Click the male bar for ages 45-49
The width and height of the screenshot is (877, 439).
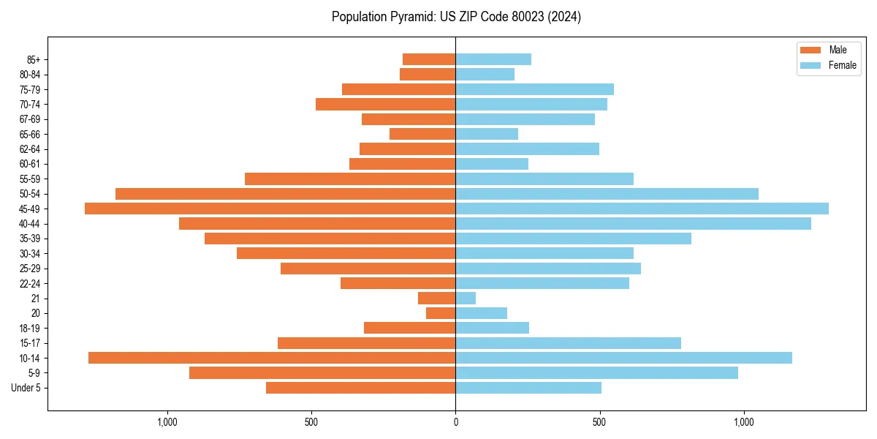click(x=270, y=209)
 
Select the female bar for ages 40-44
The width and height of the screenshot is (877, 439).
click(x=633, y=223)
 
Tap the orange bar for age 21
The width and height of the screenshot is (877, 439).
click(x=436, y=298)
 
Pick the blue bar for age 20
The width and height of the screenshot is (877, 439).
click(x=481, y=313)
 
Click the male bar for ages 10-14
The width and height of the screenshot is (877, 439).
click(x=272, y=358)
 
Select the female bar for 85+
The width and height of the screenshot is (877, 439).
click(x=493, y=59)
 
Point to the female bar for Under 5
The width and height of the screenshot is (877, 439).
click(x=528, y=388)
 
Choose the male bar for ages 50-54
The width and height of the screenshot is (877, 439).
click(x=285, y=194)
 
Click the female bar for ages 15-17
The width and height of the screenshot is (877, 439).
click(x=568, y=343)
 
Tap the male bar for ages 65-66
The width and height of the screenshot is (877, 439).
click(x=422, y=134)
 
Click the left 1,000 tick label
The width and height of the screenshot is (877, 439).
click(x=167, y=422)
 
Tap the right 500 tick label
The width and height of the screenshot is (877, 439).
click(x=599, y=422)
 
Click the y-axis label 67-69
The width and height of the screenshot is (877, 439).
click(x=30, y=119)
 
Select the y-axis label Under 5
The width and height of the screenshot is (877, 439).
click(x=26, y=388)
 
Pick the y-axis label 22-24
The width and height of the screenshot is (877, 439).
click(x=30, y=283)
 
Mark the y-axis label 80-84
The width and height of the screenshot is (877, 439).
click(x=30, y=75)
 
